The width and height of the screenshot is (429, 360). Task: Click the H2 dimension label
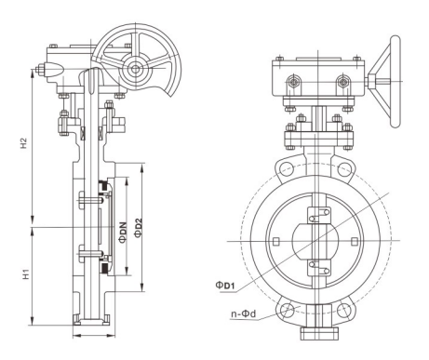pos(24,143)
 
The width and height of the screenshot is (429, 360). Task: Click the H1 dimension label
pos(27,273)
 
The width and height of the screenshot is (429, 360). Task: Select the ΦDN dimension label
pos(123,232)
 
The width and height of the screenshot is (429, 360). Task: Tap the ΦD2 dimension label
pos(139,228)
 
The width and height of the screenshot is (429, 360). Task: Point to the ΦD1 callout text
pos(225,286)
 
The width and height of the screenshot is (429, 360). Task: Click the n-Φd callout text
pos(244,313)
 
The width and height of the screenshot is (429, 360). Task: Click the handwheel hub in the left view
pos(136,69)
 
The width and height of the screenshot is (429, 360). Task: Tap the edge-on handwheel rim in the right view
pos(395,82)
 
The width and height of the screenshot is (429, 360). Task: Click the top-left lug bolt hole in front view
pos(286,169)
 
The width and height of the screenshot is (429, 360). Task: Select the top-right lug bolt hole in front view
pos(343,169)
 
